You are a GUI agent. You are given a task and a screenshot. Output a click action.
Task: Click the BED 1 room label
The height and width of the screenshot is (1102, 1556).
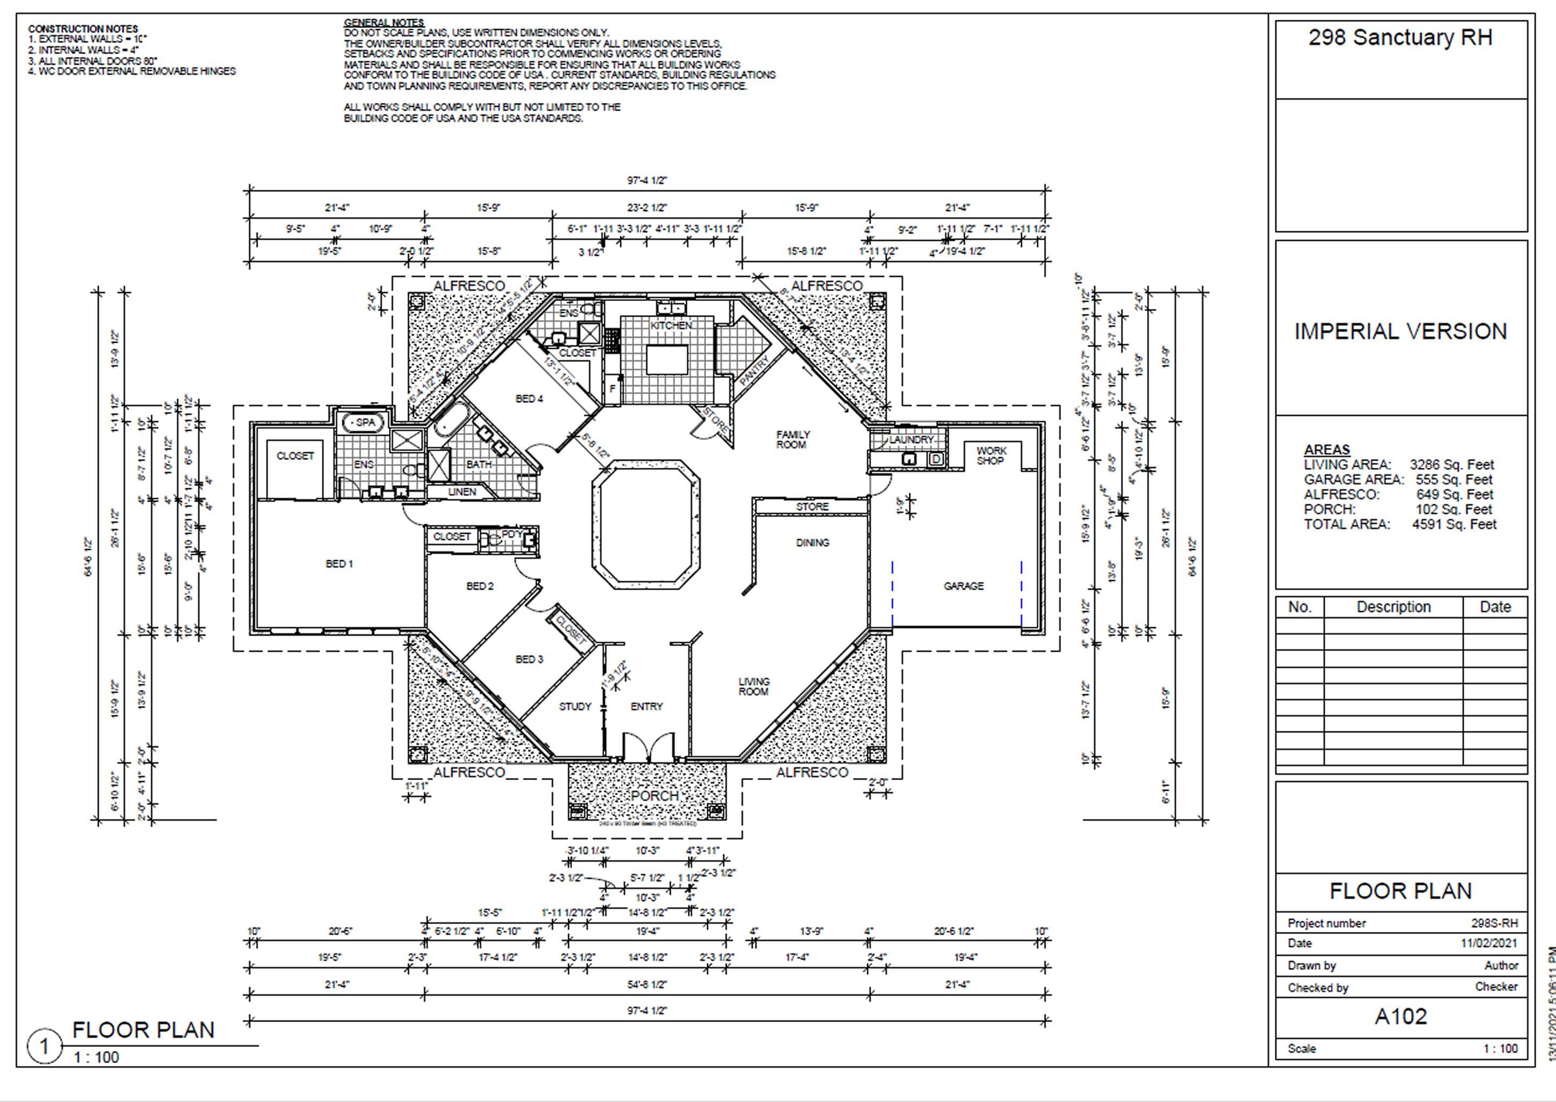(339, 564)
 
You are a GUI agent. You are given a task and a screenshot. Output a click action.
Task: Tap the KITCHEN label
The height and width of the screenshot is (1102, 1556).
(671, 326)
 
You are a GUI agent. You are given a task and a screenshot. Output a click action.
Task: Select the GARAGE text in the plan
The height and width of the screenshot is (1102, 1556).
(963, 586)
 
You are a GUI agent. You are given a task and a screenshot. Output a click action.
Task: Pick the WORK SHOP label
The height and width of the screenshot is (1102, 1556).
(990, 456)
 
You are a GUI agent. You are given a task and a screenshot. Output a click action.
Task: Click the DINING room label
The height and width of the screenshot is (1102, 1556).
(812, 543)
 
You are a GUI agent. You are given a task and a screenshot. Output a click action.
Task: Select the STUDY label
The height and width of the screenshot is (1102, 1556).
(575, 707)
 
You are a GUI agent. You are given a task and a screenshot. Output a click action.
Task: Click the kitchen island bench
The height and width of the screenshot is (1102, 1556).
(666, 359)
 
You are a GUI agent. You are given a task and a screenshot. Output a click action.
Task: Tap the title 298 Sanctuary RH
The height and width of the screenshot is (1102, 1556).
(1400, 38)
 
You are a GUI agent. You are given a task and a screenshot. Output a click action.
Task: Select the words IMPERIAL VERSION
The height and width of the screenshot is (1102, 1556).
(1400, 331)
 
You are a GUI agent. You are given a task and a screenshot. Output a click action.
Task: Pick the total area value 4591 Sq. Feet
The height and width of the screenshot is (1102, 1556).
(1454, 524)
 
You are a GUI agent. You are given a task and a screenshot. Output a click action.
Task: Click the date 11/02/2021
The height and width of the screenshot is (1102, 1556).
(1489, 943)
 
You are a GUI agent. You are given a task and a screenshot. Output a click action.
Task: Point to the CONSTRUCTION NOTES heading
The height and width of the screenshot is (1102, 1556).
(83, 28)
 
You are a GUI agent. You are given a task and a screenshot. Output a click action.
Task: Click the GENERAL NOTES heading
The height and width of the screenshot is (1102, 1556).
(384, 23)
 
